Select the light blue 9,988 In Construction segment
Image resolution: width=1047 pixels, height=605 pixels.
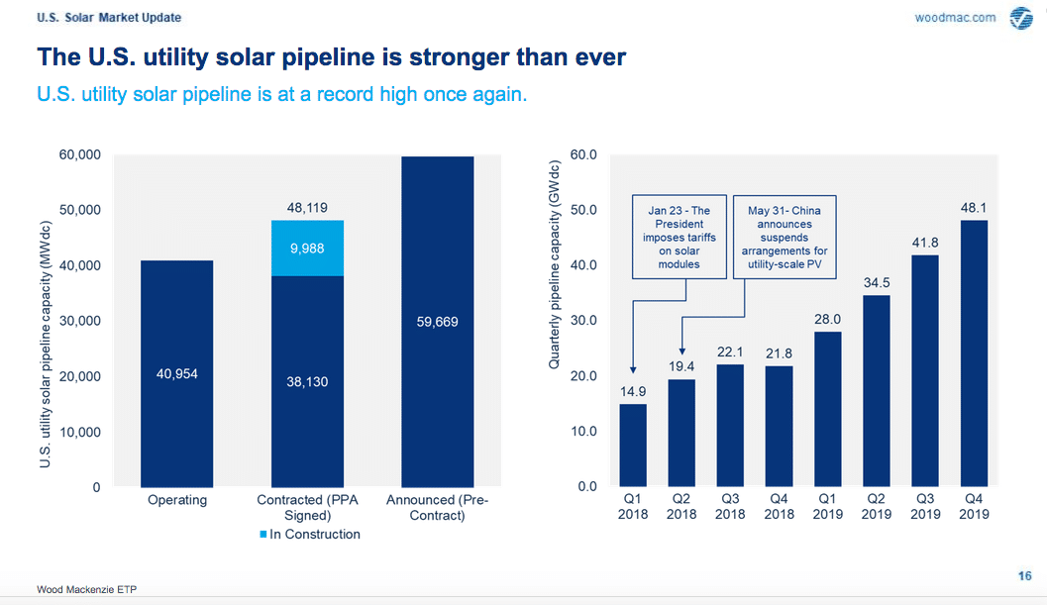click(307, 248)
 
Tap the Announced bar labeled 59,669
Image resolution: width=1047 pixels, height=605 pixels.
click(438, 322)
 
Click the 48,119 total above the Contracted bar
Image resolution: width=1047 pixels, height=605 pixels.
click(307, 209)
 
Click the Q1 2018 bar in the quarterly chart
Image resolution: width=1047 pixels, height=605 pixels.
click(632, 446)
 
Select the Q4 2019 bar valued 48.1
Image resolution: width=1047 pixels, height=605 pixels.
click(975, 353)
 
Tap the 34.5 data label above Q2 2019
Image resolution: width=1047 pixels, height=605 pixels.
click(877, 282)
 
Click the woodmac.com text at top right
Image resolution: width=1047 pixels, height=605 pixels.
click(954, 18)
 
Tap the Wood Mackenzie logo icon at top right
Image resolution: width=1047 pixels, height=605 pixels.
click(1020, 19)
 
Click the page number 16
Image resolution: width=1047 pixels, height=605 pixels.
click(1024, 576)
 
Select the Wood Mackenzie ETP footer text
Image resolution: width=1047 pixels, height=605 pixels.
click(87, 589)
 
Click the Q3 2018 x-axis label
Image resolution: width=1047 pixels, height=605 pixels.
click(730, 507)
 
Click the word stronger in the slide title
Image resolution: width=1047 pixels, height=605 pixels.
click(403, 57)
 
